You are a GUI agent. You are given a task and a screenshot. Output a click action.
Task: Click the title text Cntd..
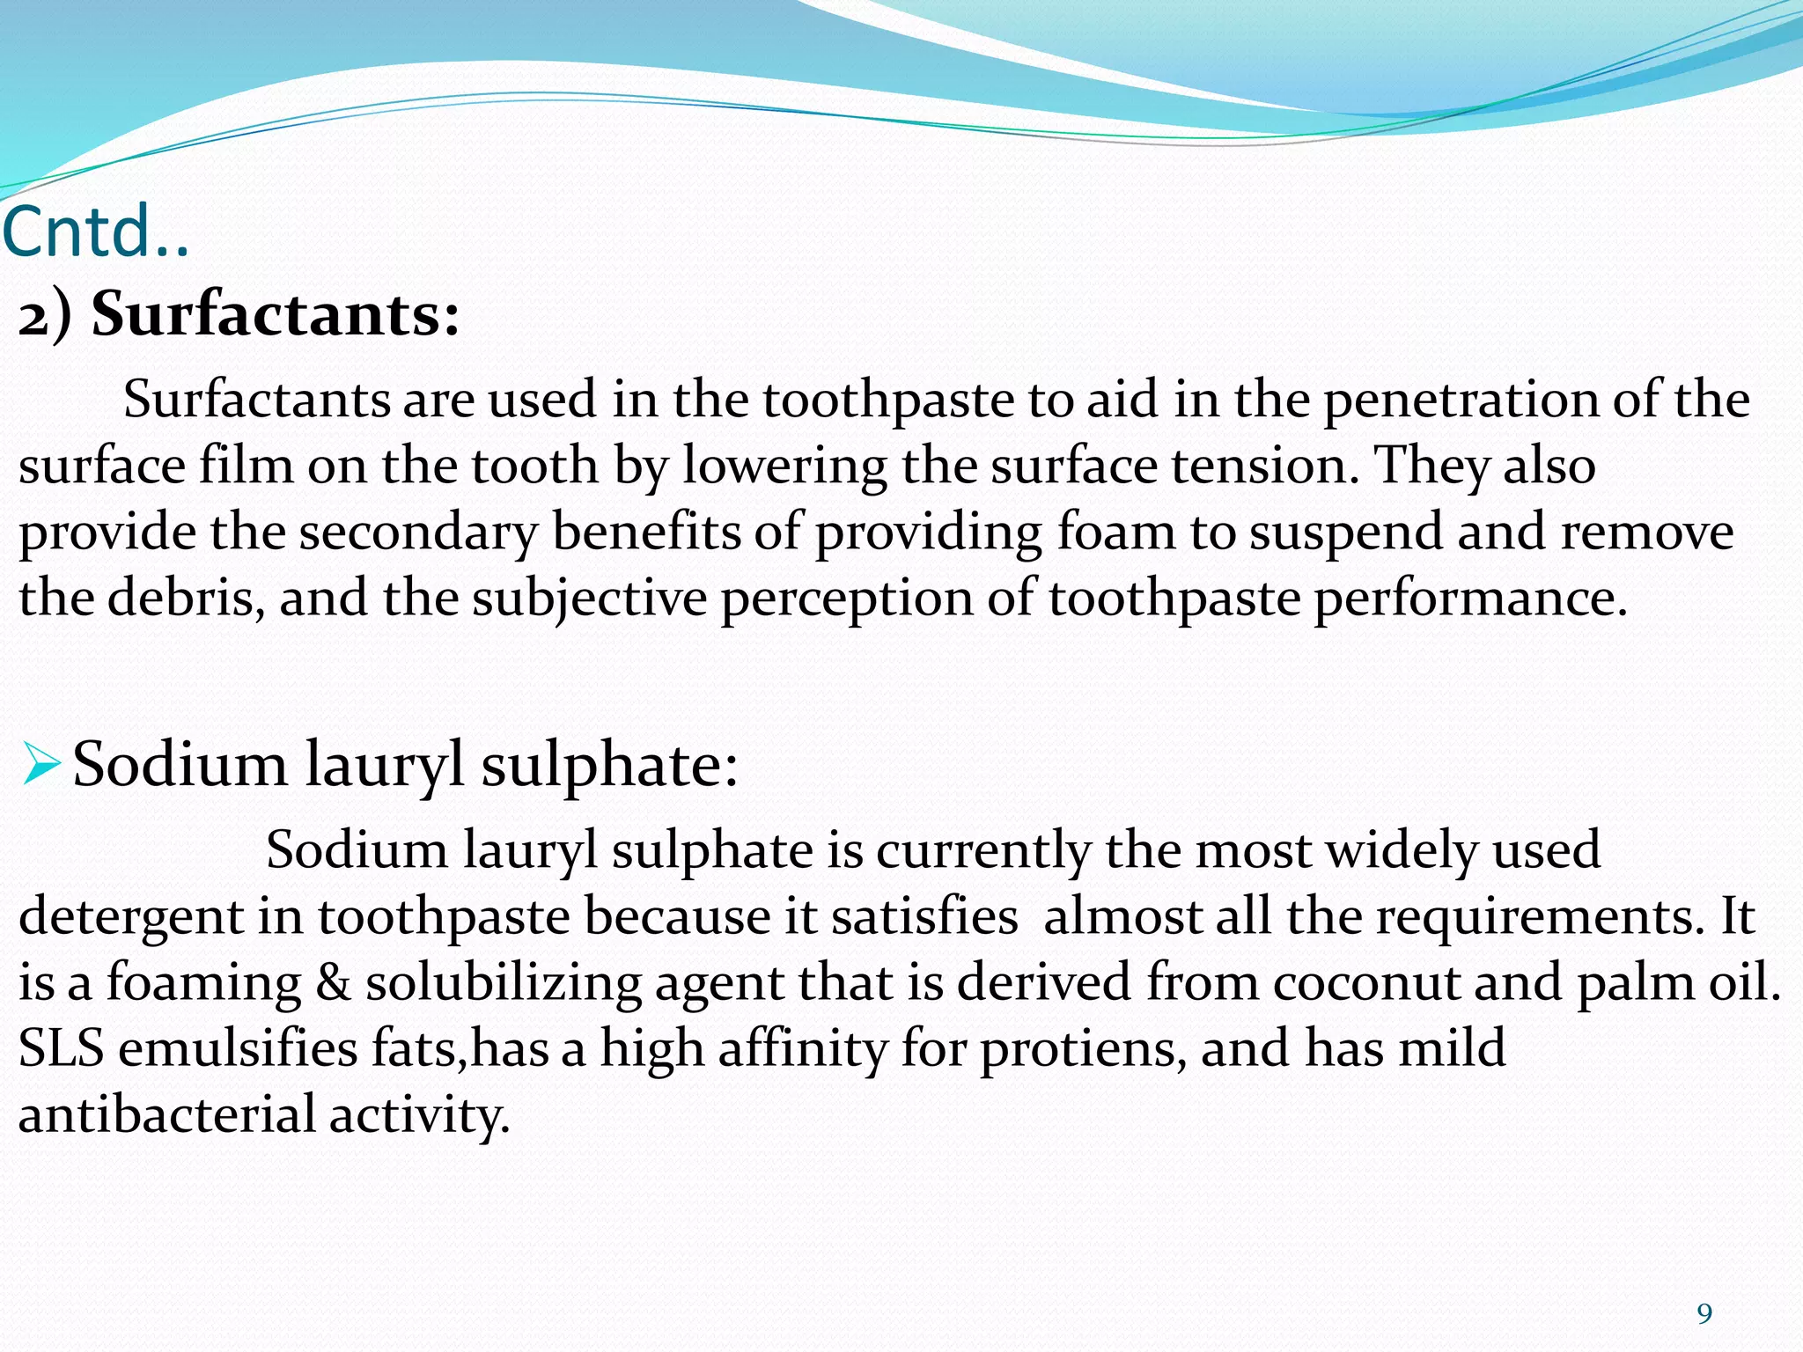[x=95, y=231]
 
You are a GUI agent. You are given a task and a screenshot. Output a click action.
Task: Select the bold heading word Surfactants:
[x=276, y=315]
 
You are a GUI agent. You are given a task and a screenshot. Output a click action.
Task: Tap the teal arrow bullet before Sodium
[x=40, y=763]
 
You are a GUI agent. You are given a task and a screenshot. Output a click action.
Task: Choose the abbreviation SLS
[x=61, y=1048]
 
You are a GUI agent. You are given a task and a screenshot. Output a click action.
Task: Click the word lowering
[x=784, y=467]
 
